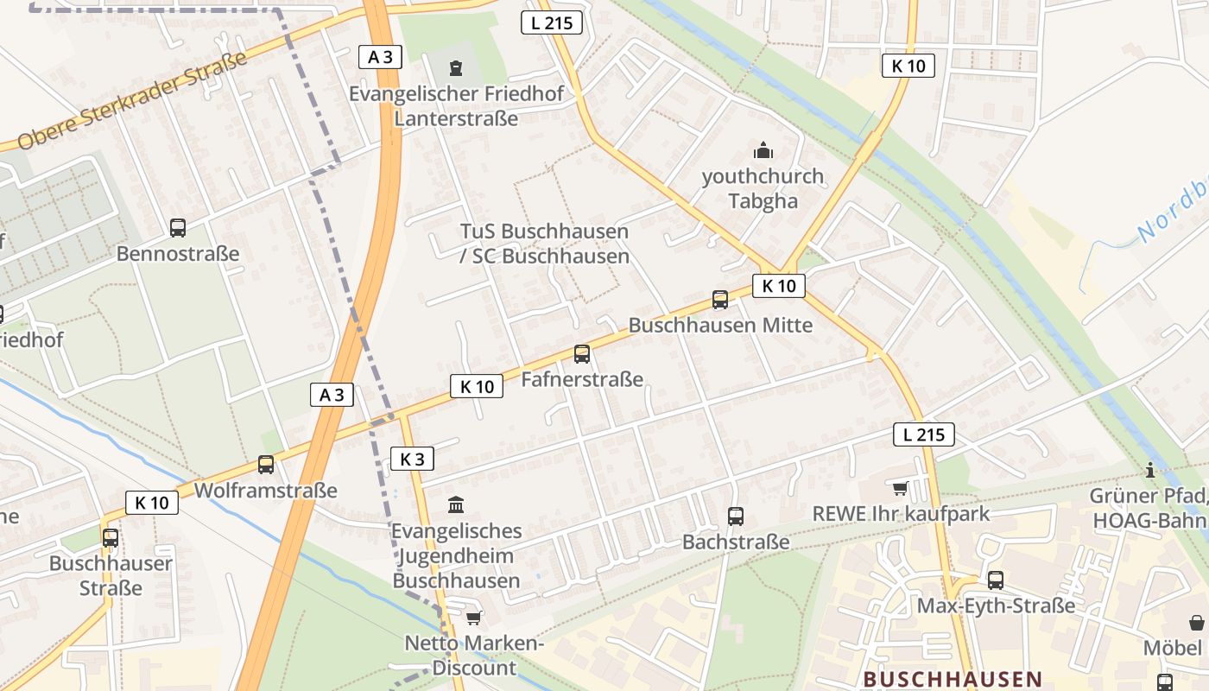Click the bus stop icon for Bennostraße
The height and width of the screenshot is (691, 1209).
click(178, 228)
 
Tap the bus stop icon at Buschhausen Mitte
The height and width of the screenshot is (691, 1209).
click(720, 300)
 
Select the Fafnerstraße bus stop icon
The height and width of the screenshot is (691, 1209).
click(582, 354)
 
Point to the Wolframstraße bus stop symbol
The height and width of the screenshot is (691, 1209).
click(266, 465)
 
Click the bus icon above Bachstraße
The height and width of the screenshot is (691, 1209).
click(736, 517)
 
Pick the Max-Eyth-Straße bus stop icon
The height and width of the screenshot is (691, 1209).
click(996, 580)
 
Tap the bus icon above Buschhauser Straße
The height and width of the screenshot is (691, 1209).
click(111, 537)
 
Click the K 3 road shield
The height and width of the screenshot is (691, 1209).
click(412, 459)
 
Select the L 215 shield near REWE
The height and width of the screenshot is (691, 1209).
click(923, 434)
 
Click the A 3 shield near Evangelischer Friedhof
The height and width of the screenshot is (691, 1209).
click(380, 57)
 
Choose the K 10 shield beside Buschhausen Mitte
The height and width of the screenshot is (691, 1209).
click(778, 286)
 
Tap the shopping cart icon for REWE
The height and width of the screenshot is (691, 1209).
click(901, 489)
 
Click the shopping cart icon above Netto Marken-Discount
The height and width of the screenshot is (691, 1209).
click(473, 618)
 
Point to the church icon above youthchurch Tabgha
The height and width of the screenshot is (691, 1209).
click(763, 151)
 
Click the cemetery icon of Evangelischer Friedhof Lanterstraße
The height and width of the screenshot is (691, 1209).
click(456, 67)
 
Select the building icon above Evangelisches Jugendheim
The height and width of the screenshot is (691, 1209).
click(456, 504)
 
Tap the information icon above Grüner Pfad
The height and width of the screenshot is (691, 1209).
click(1150, 470)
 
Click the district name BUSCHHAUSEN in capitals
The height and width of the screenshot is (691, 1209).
click(952, 679)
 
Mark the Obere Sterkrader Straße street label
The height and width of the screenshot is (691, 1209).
click(131, 100)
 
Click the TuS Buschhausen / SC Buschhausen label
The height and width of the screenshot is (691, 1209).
click(544, 244)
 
